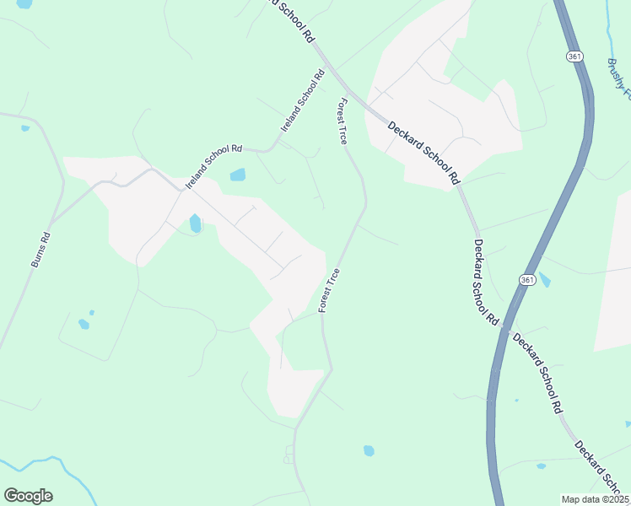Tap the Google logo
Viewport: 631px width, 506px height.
[x=28, y=496]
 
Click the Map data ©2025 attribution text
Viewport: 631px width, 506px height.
[x=595, y=499]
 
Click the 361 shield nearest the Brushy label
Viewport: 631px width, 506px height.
[x=574, y=57]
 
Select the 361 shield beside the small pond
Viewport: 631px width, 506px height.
[x=527, y=279]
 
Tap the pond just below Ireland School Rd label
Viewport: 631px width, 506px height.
[x=238, y=175]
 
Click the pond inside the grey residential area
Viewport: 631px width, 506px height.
[x=196, y=223]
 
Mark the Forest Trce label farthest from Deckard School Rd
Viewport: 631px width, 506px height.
[x=329, y=291]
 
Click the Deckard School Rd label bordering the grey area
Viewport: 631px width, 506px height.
[x=425, y=153]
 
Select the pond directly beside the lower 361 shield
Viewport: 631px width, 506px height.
[x=544, y=280]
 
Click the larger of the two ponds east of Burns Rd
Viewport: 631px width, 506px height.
[x=84, y=324]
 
